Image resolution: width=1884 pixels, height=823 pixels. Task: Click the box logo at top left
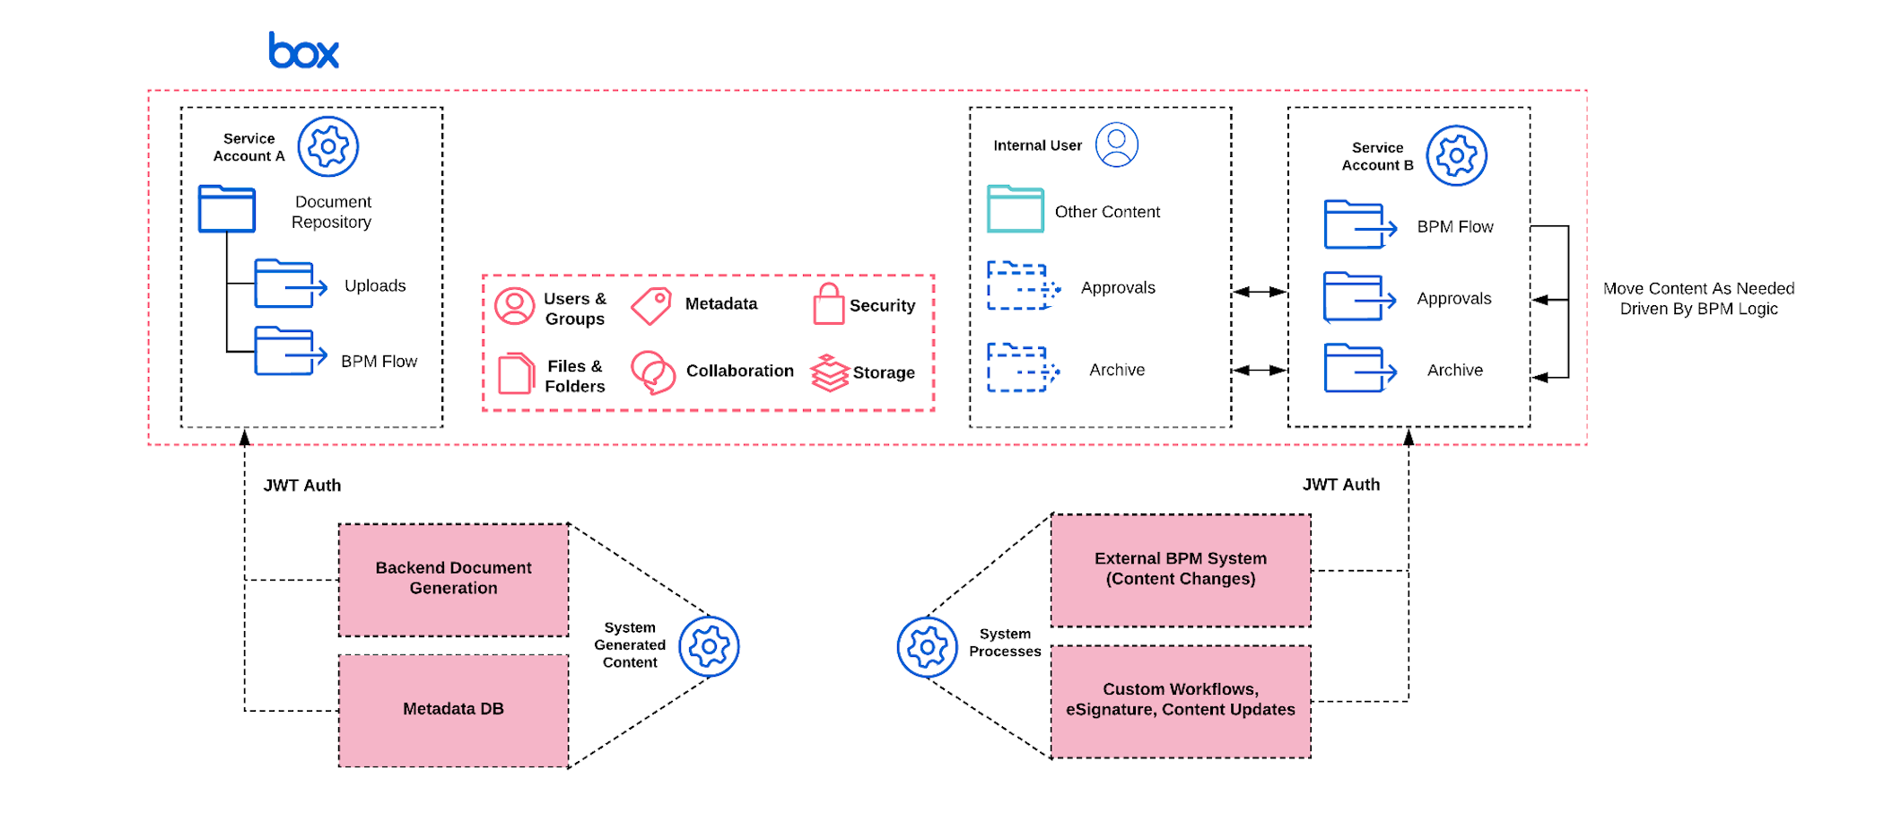click(303, 51)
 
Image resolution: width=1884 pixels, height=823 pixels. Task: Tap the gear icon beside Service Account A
click(327, 146)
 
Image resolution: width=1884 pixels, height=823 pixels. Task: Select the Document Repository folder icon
click(227, 209)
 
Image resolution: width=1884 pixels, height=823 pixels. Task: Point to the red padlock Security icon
click(828, 305)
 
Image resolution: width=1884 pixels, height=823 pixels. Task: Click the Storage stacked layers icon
click(829, 373)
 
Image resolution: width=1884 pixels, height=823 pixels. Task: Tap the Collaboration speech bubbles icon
click(653, 372)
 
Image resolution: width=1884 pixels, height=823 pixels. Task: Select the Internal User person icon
click(1116, 144)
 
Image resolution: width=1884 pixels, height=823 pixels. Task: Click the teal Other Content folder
click(1015, 210)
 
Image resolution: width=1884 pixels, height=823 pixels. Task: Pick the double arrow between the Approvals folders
click(1259, 292)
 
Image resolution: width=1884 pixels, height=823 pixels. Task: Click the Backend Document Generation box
click(453, 580)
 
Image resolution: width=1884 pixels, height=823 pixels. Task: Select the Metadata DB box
click(453, 710)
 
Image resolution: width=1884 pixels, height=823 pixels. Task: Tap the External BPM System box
click(1180, 570)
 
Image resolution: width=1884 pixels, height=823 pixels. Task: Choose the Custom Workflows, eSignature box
click(1180, 701)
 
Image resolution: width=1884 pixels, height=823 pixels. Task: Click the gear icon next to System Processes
click(927, 646)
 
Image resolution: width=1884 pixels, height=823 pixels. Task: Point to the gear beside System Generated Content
click(709, 646)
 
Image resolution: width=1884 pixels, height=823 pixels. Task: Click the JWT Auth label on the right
click(1340, 485)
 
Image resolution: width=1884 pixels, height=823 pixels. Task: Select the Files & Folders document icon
click(515, 373)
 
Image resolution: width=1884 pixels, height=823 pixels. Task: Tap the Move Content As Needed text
click(1697, 299)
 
